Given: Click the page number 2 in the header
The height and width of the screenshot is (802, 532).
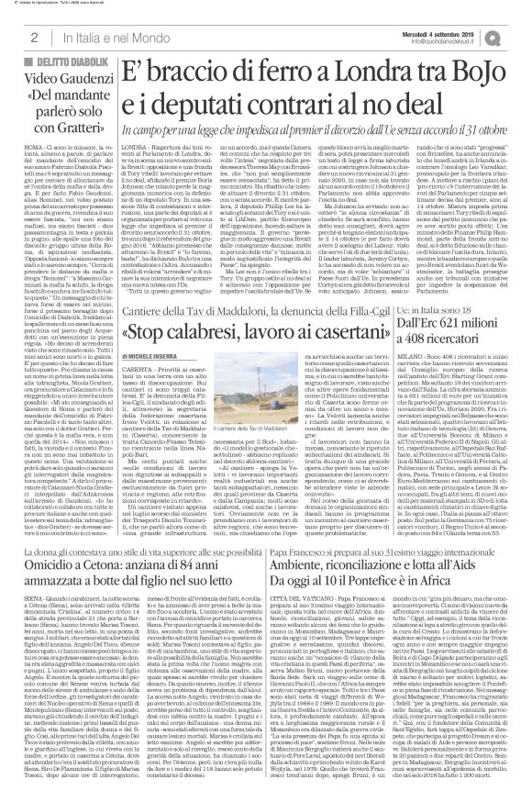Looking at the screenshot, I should click(32, 36).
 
